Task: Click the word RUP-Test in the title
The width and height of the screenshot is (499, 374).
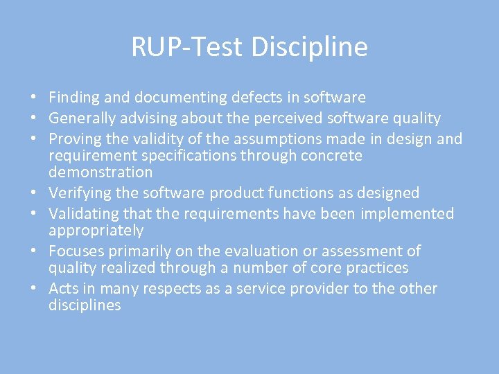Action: click(x=188, y=47)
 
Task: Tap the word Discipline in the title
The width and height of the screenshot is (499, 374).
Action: click(x=309, y=47)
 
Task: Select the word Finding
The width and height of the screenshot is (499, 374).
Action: click(x=74, y=98)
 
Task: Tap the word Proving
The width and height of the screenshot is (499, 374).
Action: click(x=75, y=139)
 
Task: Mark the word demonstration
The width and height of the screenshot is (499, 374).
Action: click(x=100, y=172)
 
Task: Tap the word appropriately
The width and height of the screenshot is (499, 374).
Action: click(x=96, y=230)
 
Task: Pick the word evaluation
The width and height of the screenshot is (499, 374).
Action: click(x=249, y=251)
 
